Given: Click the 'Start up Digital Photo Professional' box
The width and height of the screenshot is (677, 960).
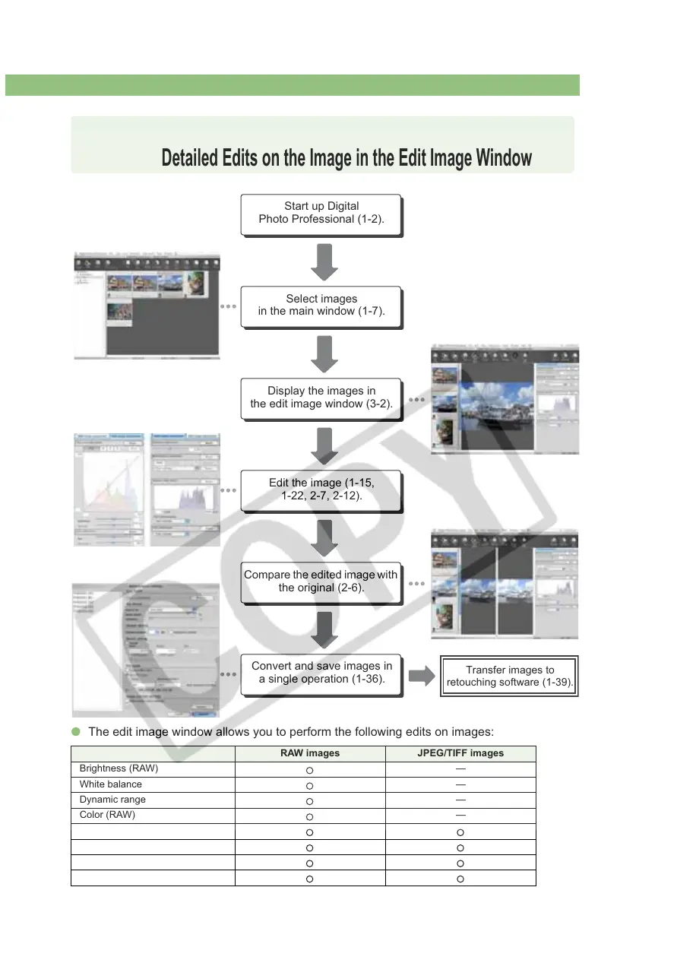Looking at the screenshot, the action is click(320, 214).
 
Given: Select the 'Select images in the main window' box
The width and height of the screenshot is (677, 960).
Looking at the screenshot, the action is click(321, 305).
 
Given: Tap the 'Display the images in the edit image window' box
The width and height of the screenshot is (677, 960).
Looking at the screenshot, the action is click(321, 398).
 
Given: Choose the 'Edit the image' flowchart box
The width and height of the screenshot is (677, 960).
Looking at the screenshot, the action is click(321, 490).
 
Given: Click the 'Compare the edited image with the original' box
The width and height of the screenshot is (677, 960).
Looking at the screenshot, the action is click(321, 581).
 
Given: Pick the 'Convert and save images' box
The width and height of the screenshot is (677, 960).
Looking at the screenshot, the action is click(321, 673).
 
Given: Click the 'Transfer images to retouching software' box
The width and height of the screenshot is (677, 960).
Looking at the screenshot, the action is click(510, 676).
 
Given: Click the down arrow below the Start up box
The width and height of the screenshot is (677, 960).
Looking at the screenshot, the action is click(324, 261).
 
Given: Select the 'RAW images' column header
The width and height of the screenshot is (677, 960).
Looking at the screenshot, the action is click(309, 754).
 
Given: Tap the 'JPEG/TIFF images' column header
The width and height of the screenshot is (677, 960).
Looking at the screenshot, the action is click(460, 754).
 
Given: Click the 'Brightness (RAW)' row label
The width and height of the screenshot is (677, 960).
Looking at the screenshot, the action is click(119, 768).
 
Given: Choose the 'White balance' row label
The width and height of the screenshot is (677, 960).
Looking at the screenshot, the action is click(110, 784).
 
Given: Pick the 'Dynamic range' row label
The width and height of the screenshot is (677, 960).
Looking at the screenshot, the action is click(112, 800).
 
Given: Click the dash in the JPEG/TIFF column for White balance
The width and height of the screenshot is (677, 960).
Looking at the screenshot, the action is click(460, 784).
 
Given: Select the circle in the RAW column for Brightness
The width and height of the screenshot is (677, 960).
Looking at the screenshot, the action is click(309, 770).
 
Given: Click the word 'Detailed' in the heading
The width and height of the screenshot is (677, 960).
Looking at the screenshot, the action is click(189, 158).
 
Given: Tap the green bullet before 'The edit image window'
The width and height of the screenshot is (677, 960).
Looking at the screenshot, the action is click(76, 732).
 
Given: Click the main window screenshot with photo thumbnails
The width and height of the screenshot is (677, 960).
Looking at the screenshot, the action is click(147, 305).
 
